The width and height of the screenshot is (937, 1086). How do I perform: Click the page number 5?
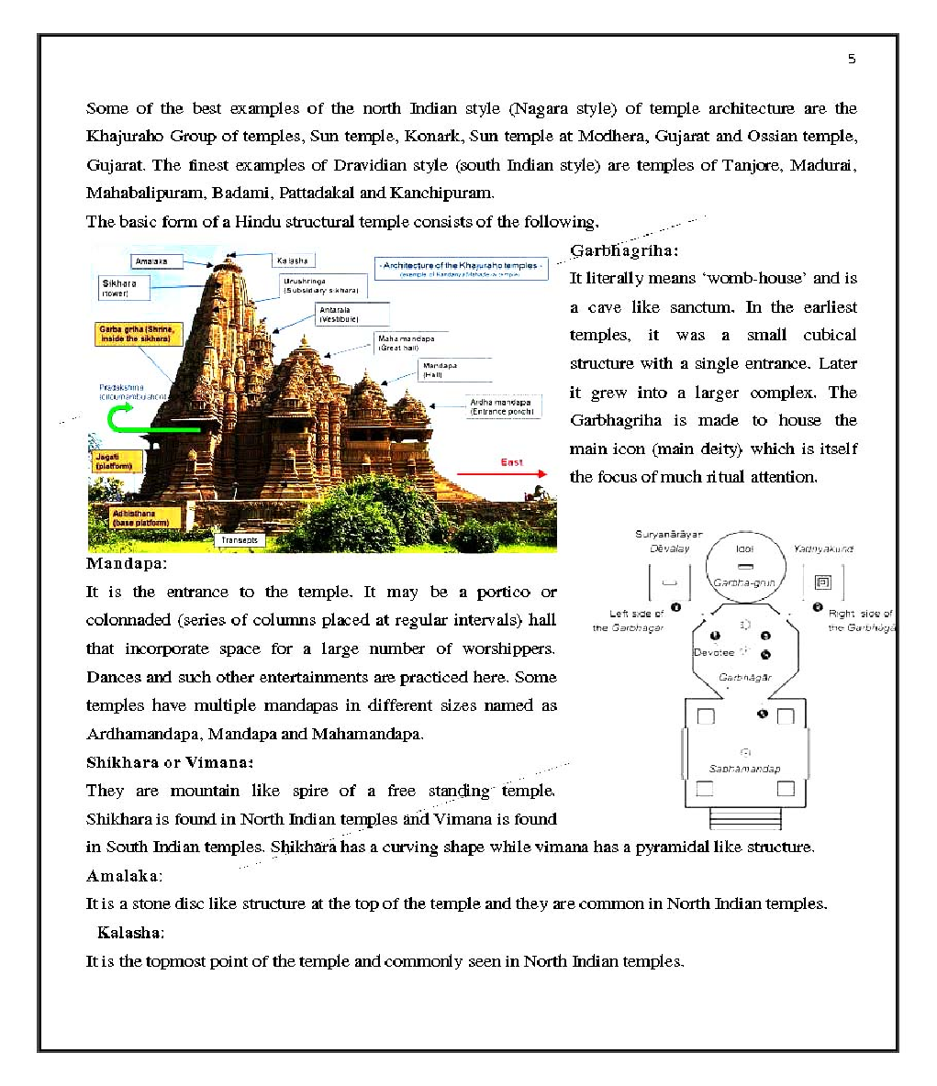pos(852,60)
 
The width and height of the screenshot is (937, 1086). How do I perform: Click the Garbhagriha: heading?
pos(624,250)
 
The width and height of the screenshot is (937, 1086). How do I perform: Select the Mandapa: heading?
pos(127,563)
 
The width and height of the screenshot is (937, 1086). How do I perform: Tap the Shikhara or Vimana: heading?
pos(170,762)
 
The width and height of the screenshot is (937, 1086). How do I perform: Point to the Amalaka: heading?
pos(124,875)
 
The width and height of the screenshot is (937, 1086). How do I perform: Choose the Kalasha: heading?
pos(130,933)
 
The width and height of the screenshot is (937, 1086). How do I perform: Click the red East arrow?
pos(501,473)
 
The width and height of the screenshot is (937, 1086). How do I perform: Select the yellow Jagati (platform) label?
pos(117,461)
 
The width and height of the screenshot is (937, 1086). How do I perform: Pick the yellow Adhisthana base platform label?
pos(139,518)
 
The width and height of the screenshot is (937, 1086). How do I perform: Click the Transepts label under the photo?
pos(240,540)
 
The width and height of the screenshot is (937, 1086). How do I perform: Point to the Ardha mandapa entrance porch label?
pos(503,406)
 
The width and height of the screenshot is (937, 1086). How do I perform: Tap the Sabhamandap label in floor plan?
pos(744,769)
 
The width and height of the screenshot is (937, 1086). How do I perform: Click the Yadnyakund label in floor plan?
pos(823,549)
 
